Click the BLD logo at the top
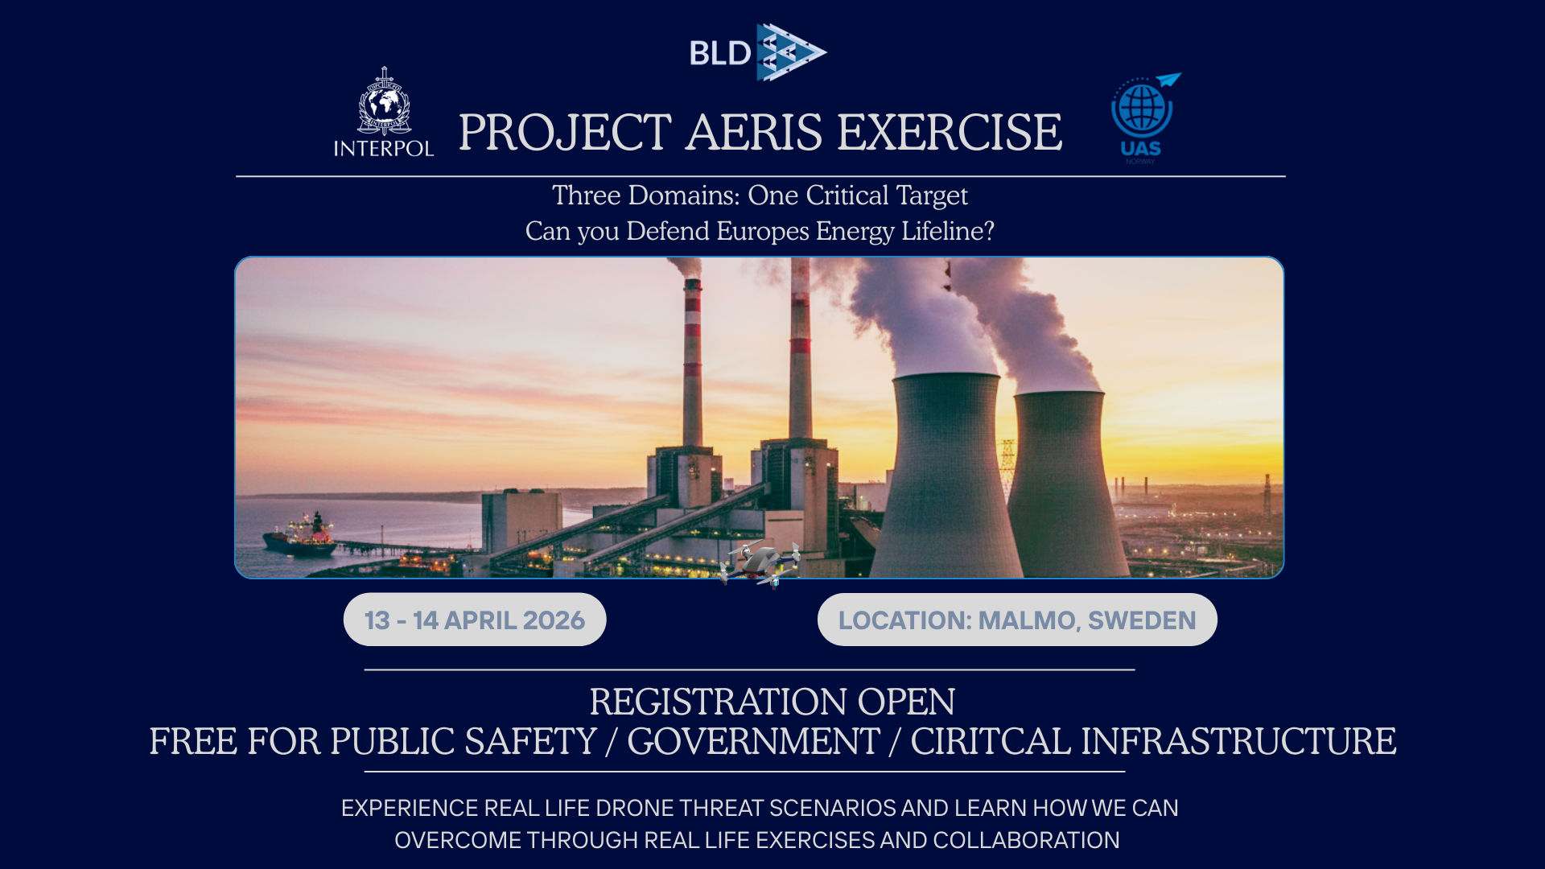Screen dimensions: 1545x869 758,52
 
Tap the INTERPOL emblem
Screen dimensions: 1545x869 384,112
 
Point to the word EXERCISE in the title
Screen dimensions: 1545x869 950,132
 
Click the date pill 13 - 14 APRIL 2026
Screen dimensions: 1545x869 475,620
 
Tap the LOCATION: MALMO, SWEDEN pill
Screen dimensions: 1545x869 1017,620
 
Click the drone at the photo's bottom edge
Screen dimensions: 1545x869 759,564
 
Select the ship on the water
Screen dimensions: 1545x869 299,535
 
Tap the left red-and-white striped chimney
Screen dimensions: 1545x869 692,362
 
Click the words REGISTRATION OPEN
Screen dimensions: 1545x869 772,702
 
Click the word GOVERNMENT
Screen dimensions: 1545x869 753,741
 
